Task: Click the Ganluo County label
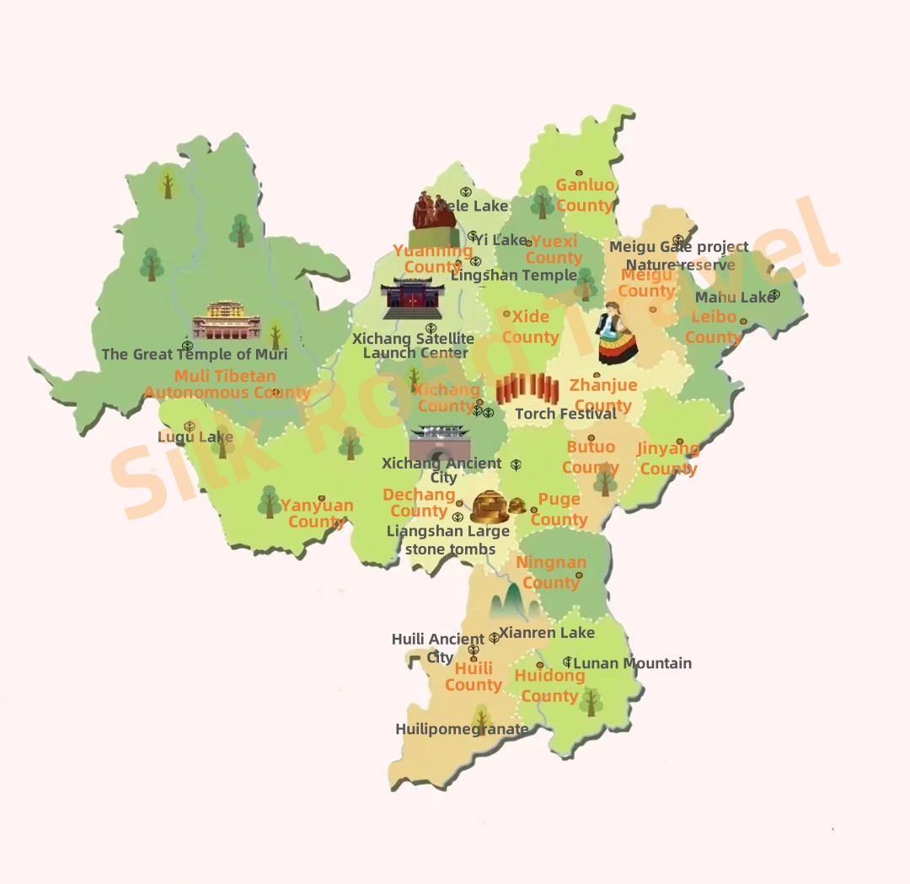[x=585, y=196]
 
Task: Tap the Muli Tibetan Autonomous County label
[x=227, y=384]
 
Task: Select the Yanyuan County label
[x=317, y=513]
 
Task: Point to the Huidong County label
[x=549, y=686]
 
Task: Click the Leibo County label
[x=714, y=328]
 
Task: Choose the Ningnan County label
[x=551, y=572]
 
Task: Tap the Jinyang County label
[x=668, y=458]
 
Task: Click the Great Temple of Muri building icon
[x=227, y=321]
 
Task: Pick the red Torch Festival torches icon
[x=527, y=389]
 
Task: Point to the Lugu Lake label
[x=195, y=437]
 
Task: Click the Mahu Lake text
[x=733, y=297]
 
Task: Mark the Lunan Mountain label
[x=632, y=663]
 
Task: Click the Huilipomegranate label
[x=462, y=729]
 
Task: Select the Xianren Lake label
[x=547, y=632]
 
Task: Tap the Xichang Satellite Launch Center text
[x=413, y=346]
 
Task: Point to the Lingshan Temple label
[x=514, y=275]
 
